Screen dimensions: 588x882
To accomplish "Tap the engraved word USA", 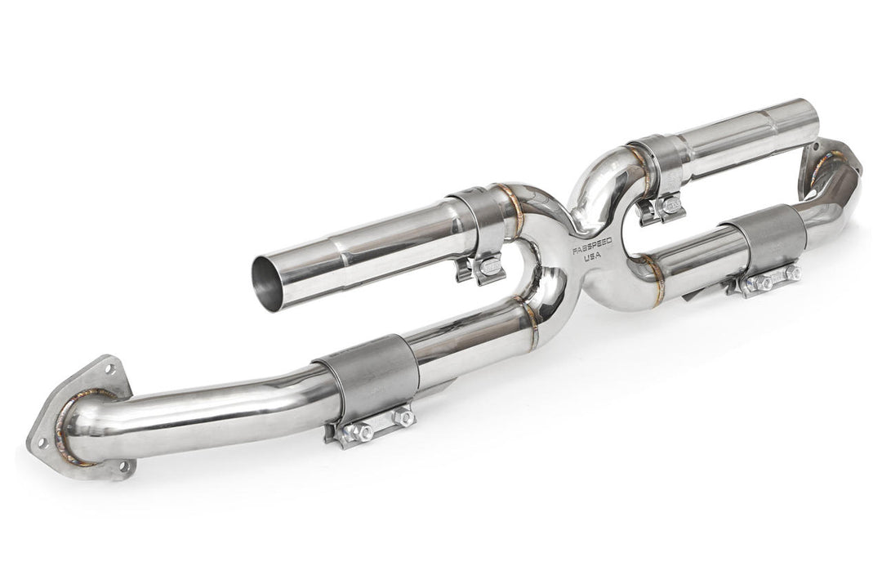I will coord(594,257).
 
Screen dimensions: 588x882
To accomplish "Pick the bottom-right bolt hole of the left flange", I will coord(123,466).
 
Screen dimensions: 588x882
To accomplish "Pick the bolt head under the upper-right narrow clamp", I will coord(671,208).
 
